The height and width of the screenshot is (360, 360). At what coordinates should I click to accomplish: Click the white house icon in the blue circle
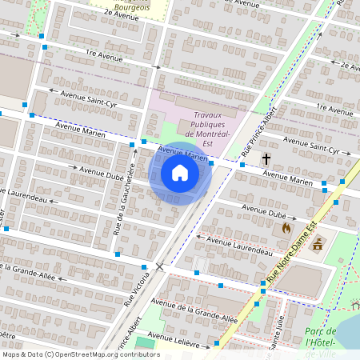click(x=180, y=173)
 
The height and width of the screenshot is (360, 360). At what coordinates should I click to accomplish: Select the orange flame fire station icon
click(x=286, y=228)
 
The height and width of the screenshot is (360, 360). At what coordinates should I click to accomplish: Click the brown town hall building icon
click(x=318, y=243)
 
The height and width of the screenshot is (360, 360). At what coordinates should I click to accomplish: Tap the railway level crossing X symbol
click(x=160, y=266)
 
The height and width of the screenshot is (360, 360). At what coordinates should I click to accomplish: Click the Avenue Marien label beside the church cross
click(x=287, y=182)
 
